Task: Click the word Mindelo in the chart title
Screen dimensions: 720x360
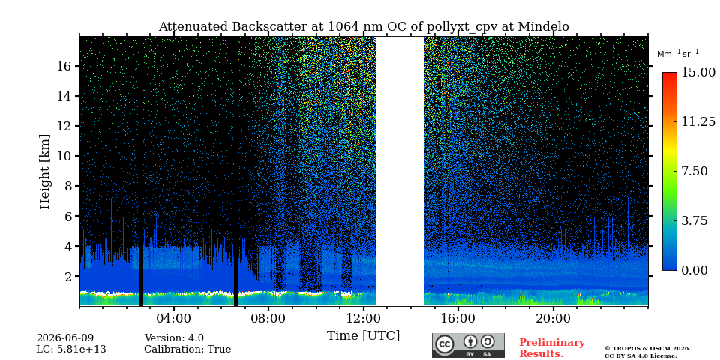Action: click(x=543, y=27)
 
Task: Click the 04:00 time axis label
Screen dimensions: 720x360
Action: click(x=174, y=318)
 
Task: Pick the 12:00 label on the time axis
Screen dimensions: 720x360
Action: click(x=364, y=318)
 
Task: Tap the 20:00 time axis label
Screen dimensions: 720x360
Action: click(x=553, y=318)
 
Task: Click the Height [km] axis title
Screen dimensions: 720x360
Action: click(x=44, y=172)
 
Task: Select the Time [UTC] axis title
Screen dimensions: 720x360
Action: click(x=363, y=336)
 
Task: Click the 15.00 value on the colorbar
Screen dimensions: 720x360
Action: click(x=698, y=73)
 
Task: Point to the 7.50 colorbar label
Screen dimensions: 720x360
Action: click(x=694, y=171)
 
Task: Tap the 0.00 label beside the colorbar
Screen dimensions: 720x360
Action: click(x=694, y=271)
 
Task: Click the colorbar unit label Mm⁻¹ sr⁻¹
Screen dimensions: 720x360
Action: click(x=678, y=54)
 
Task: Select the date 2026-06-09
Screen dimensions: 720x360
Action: click(x=65, y=338)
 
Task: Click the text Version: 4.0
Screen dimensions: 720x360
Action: click(x=174, y=338)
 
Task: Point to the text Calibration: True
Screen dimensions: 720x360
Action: click(x=187, y=349)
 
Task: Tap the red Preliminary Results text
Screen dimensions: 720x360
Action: click(x=552, y=348)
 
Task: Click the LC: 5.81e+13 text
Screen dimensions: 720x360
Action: click(x=71, y=349)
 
